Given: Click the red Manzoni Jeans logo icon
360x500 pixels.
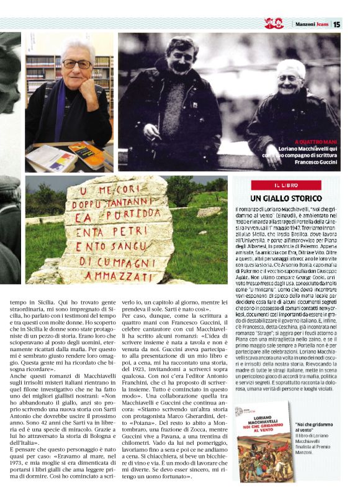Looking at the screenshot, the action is (x=274, y=24).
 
